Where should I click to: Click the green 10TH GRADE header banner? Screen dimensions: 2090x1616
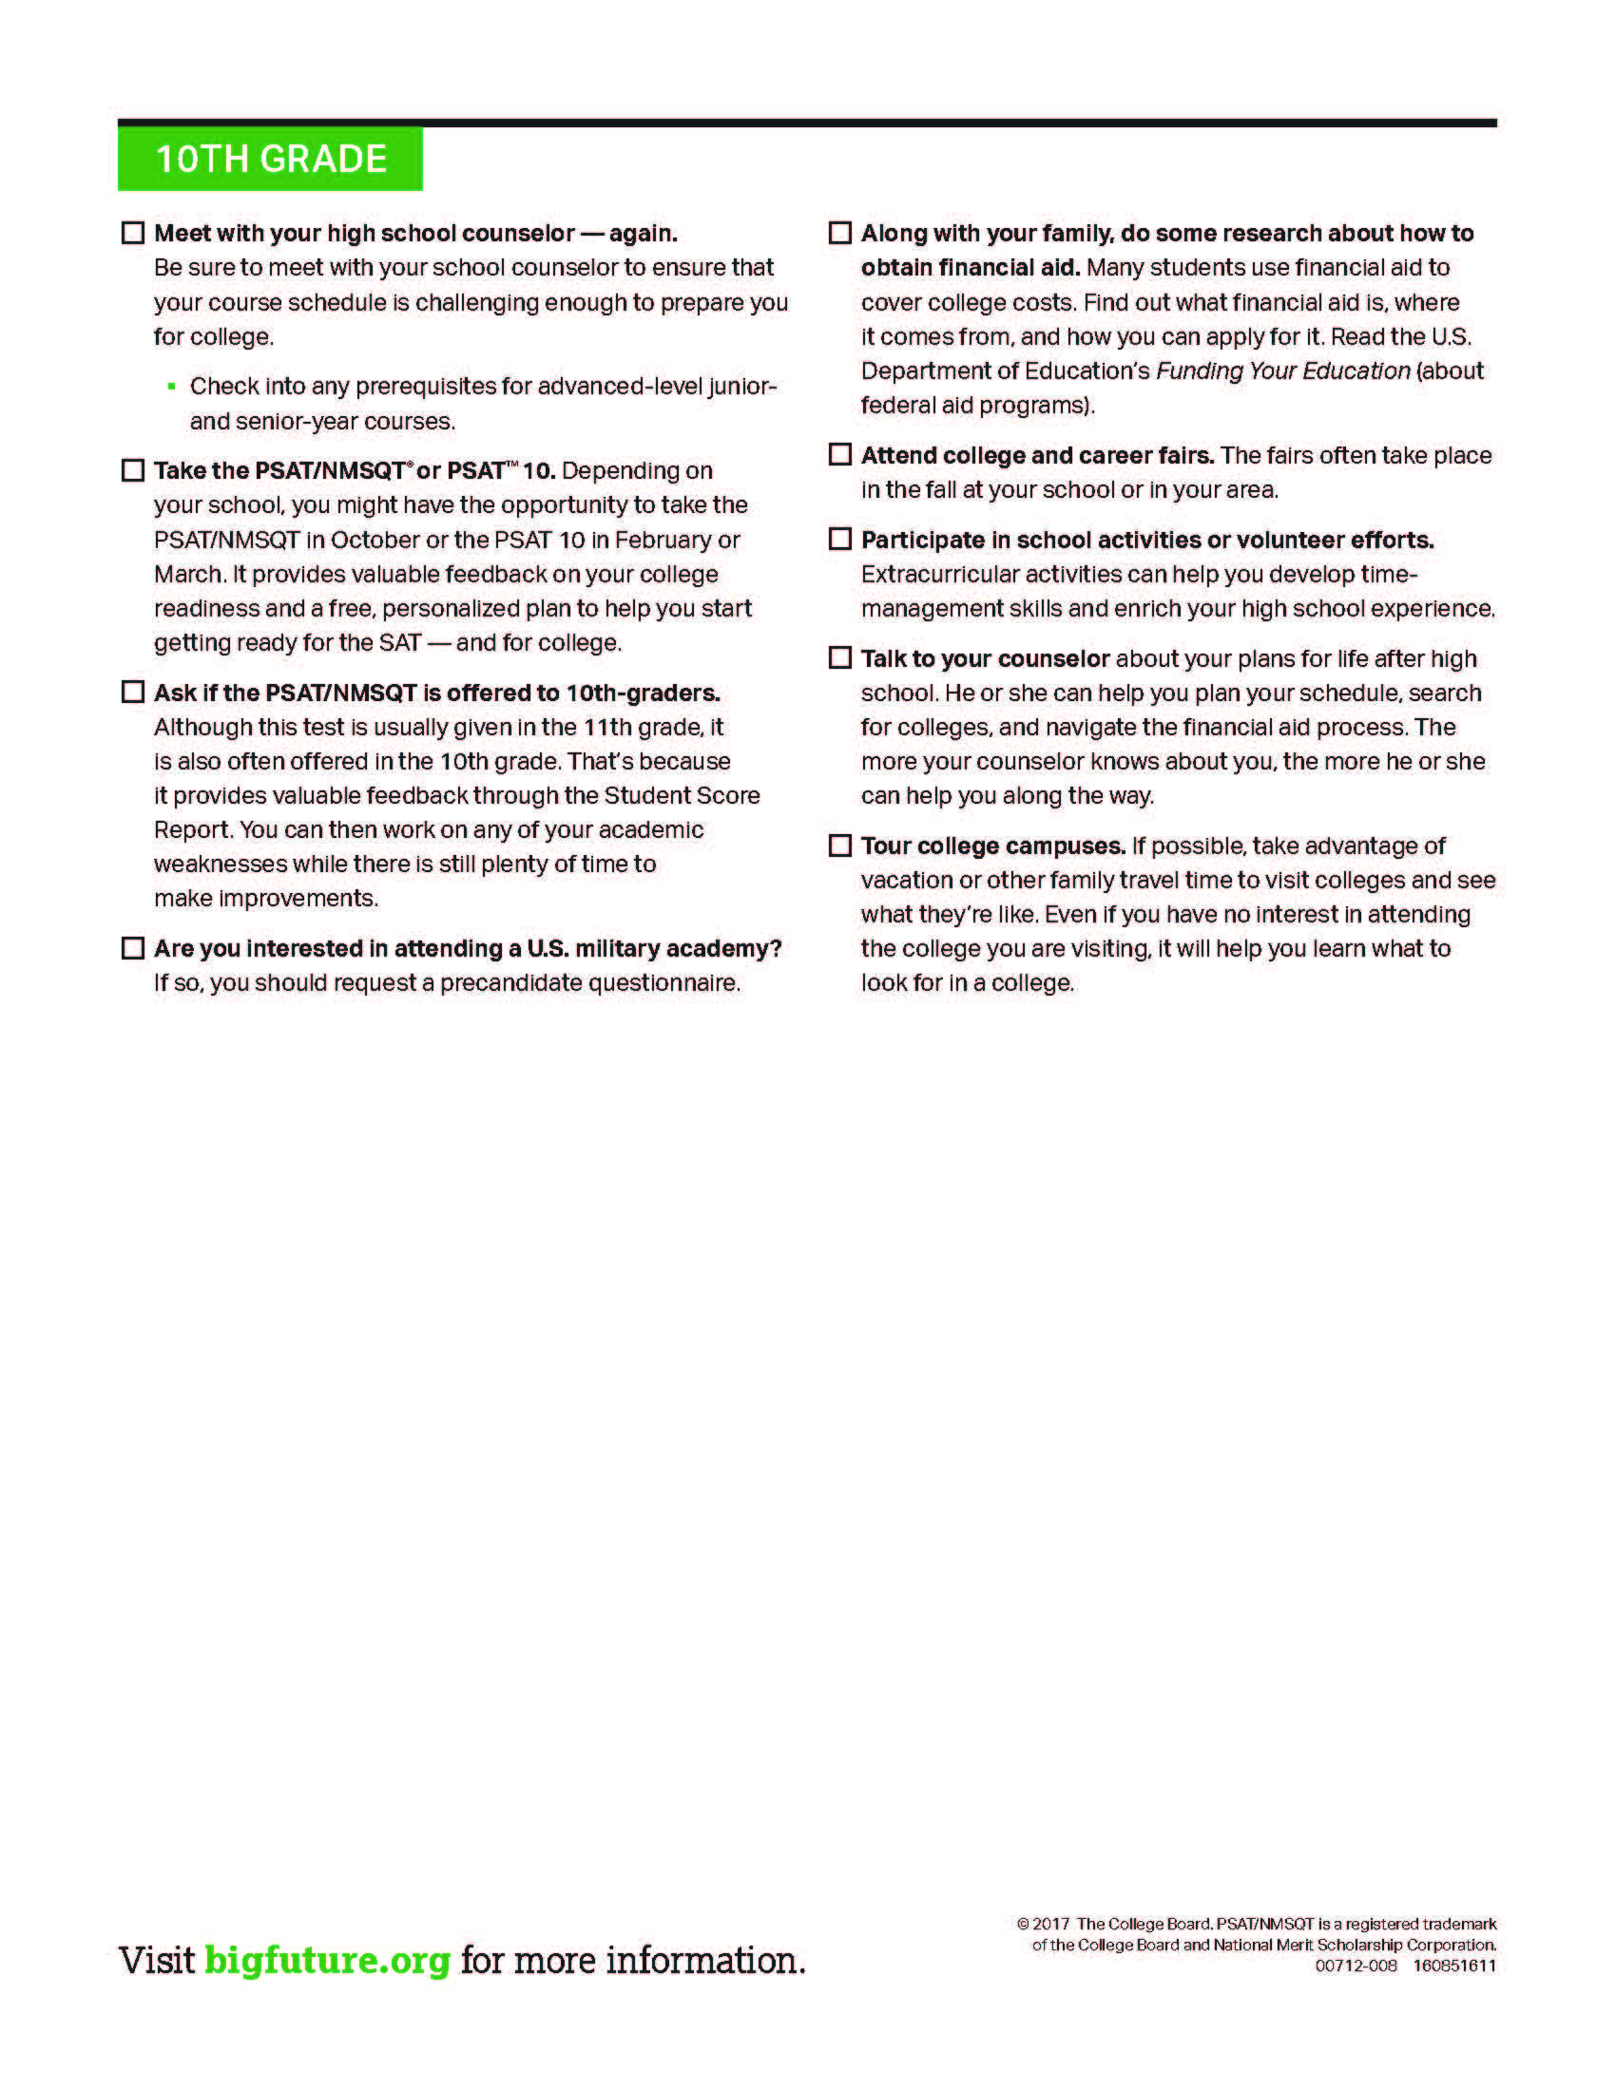pyautogui.click(x=270, y=159)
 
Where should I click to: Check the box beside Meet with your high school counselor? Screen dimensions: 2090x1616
pyautogui.click(x=133, y=234)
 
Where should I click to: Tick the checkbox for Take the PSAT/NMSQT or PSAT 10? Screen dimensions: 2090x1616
pyautogui.click(x=133, y=471)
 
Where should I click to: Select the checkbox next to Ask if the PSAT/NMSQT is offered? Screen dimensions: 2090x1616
pyautogui.click(x=133, y=692)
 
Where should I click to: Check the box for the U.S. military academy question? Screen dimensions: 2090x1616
pyautogui.click(x=133, y=948)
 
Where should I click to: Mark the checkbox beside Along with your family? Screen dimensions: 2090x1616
pyautogui.click(x=839, y=234)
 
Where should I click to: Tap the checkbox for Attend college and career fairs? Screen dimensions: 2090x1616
pyautogui.click(x=839, y=454)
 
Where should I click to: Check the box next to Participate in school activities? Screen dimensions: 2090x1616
pyautogui.click(x=839, y=540)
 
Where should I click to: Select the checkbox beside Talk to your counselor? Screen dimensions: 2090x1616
pyautogui.click(x=839, y=658)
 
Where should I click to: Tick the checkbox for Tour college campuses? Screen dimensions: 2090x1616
pyautogui.click(x=839, y=845)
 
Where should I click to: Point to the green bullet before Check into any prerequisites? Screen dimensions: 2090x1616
pyautogui.click(x=171, y=387)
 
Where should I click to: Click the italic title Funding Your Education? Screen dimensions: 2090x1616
pyautogui.click(x=1283, y=371)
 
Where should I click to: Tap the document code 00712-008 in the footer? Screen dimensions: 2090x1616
pyautogui.click(x=1356, y=1966)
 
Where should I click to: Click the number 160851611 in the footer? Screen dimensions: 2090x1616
pyautogui.click(x=1454, y=1966)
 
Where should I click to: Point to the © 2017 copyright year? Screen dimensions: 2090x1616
pyautogui.click(x=1051, y=1924)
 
